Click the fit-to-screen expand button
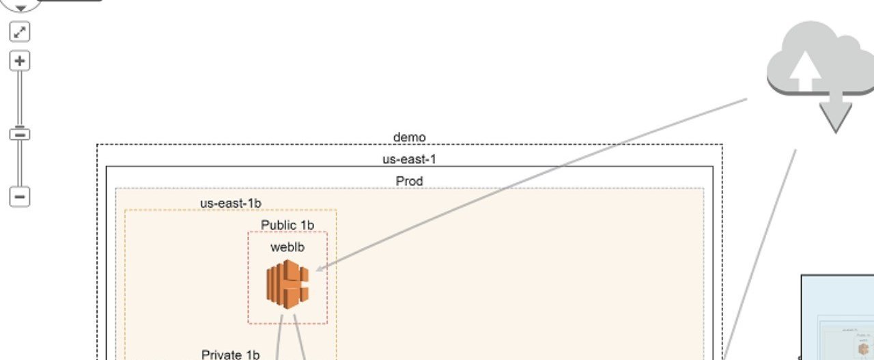pos(20,31)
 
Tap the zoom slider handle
pos(20,135)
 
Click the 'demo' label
pos(409,137)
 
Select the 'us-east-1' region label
pos(409,159)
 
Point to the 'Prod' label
pos(409,181)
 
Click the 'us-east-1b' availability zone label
pos(231,204)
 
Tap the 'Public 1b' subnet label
pos(287,225)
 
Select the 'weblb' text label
pos(287,247)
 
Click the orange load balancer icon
pos(287,284)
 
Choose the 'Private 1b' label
pos(231,355)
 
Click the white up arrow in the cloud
pos(805,70)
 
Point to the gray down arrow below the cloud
pos(835,113)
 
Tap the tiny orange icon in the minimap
pos(863,348)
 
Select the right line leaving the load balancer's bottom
pos(299,337)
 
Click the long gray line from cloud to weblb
pos(531,184)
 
